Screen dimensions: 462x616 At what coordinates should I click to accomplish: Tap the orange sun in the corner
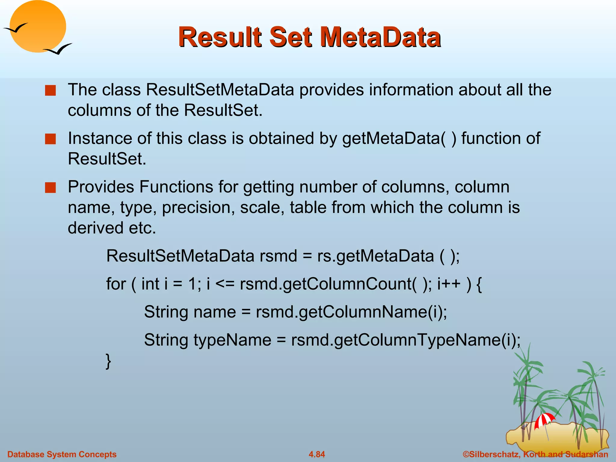(38, 26)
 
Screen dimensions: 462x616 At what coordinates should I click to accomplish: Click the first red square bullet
(50, 90)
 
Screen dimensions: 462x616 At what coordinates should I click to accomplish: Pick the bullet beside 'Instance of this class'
(50, 139)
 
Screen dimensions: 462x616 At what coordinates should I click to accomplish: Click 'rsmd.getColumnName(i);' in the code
(351, 312)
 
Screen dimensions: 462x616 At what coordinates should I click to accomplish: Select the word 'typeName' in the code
(232, 340)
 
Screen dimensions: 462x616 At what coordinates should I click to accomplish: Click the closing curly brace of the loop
(108, 361)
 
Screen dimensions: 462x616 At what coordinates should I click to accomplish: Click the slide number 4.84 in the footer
(317, 454)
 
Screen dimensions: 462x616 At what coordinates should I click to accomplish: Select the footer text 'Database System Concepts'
(62, 454)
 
